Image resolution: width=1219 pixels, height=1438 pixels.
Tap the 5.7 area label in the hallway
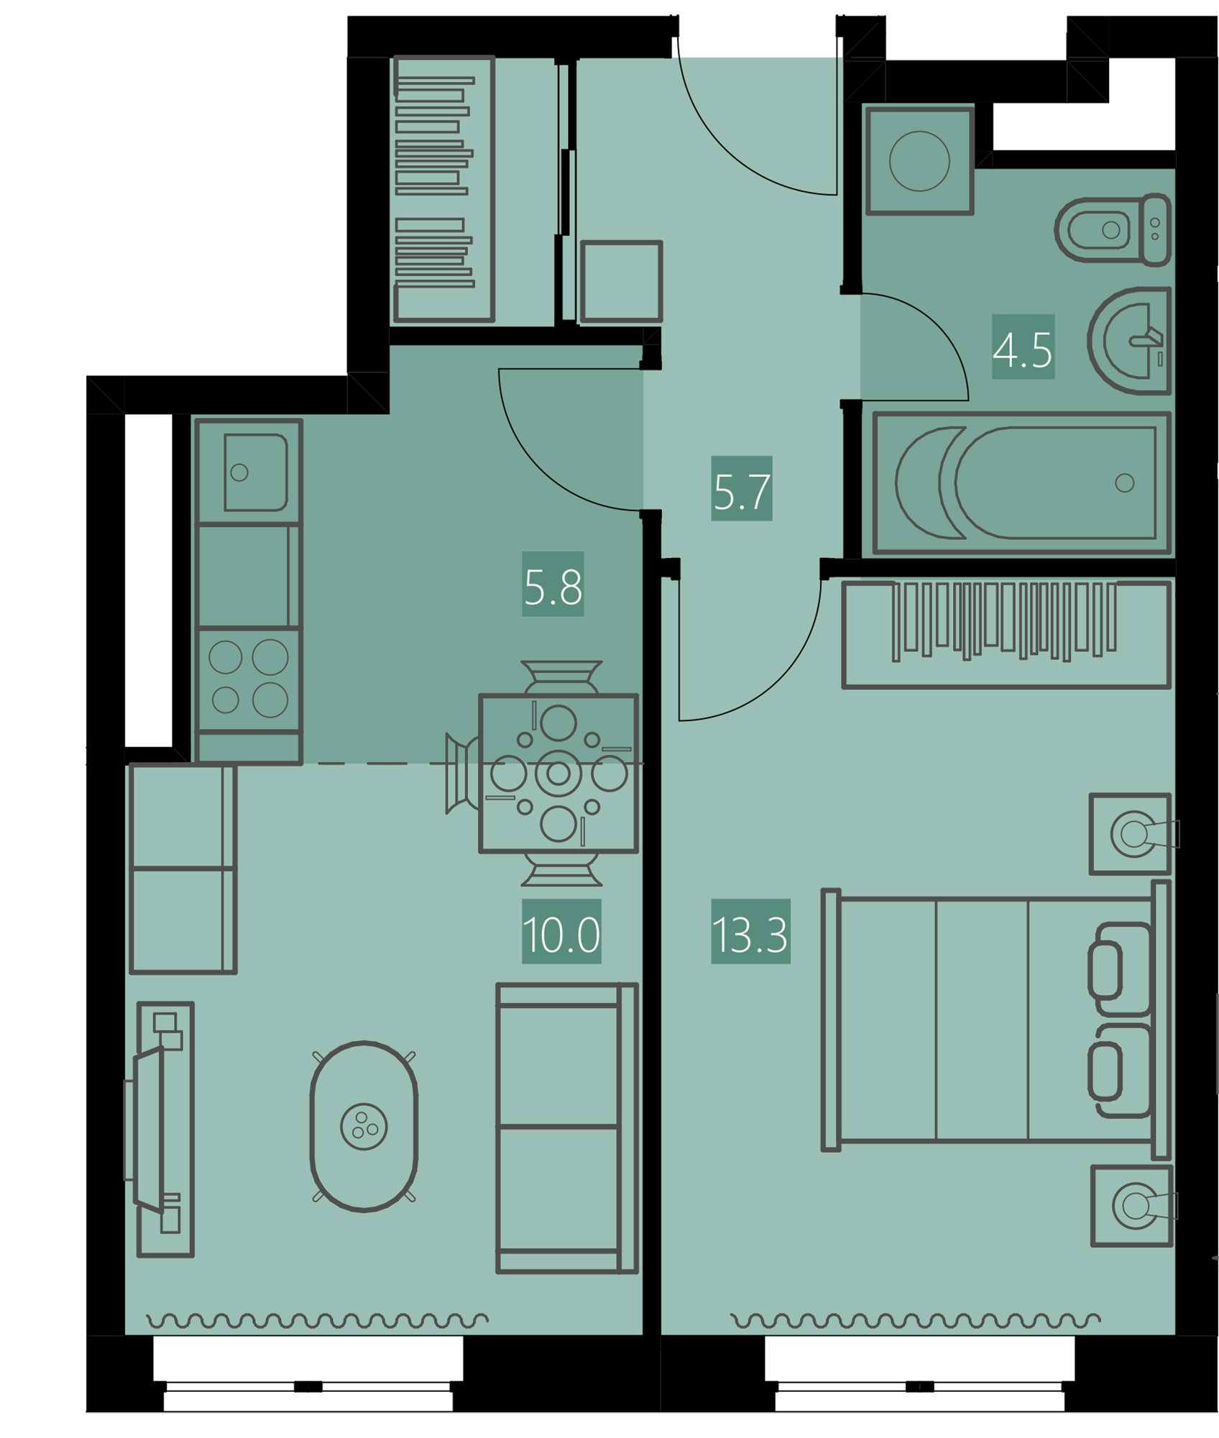(742, 488)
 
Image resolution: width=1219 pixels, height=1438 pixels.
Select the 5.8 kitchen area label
(553, 584)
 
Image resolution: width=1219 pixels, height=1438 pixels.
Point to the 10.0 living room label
(561, 931)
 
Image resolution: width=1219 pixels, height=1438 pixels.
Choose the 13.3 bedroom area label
(750, 931)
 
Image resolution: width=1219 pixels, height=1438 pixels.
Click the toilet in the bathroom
(1113, 230)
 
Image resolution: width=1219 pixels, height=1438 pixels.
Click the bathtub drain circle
(1125, 483)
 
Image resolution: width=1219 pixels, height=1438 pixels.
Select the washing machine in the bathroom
(919, 161)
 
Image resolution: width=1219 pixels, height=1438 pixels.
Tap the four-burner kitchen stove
(248, 679)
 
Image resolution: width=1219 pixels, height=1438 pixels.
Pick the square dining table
(558, 773)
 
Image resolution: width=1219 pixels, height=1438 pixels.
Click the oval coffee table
(364, 1126)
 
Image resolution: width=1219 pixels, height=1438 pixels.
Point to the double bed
(997, 1019)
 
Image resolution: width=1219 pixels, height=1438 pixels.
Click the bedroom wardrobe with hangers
(1006, 634)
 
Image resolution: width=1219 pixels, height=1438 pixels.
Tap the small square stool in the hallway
(621, 281)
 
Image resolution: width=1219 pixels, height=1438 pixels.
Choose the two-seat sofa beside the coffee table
(567, 1128)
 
